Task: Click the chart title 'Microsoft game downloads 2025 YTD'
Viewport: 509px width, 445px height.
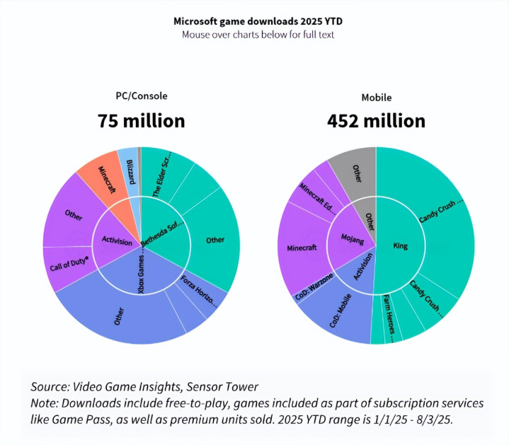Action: (254, 21)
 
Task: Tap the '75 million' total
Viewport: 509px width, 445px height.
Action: (142, 121)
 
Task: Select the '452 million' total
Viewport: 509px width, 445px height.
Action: (376, 121)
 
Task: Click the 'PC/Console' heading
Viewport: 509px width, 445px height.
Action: (142, 96)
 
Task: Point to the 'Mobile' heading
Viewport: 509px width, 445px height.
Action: (376, 96)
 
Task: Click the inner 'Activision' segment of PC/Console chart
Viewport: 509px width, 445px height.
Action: (116, 241)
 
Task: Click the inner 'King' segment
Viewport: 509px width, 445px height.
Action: (401, 245)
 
